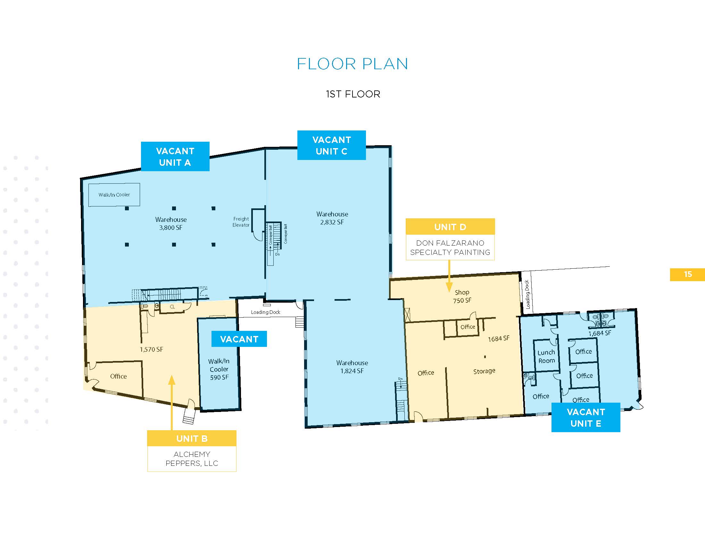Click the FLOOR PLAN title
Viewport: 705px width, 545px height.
352,64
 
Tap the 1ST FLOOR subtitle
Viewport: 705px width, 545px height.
353,94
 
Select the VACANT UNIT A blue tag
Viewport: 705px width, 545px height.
175,156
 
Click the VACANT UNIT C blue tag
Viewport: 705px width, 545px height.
332,145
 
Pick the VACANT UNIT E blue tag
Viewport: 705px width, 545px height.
586,417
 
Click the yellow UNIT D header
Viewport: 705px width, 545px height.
450,227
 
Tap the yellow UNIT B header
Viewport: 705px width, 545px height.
192,438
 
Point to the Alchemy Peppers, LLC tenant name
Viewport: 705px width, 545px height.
192,459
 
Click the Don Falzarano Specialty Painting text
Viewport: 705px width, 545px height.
450,247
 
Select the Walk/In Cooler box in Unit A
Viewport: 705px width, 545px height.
114,195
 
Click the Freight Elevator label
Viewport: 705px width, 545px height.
241,222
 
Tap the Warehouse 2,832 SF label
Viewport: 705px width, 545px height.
332,218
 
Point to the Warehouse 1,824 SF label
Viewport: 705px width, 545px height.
352,367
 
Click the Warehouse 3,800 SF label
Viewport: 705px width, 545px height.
171,223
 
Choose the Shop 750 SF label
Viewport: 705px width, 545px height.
462,297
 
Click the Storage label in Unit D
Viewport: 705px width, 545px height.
484,371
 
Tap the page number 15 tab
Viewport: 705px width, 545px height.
687,274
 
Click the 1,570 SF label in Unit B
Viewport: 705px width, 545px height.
151,349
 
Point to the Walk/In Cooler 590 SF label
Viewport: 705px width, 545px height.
219,369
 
